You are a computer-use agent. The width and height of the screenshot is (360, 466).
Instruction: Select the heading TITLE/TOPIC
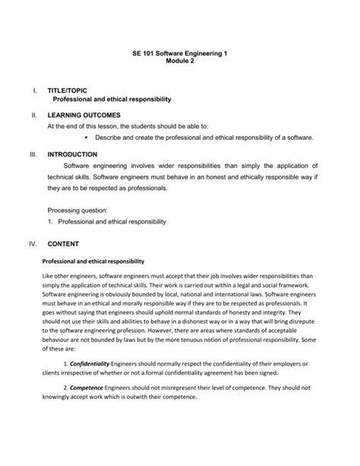[x=72, y=90]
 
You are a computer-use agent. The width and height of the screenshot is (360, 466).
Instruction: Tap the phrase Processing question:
[x=77, y=209]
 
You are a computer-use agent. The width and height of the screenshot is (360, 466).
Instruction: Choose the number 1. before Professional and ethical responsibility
[x=50, y=221]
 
